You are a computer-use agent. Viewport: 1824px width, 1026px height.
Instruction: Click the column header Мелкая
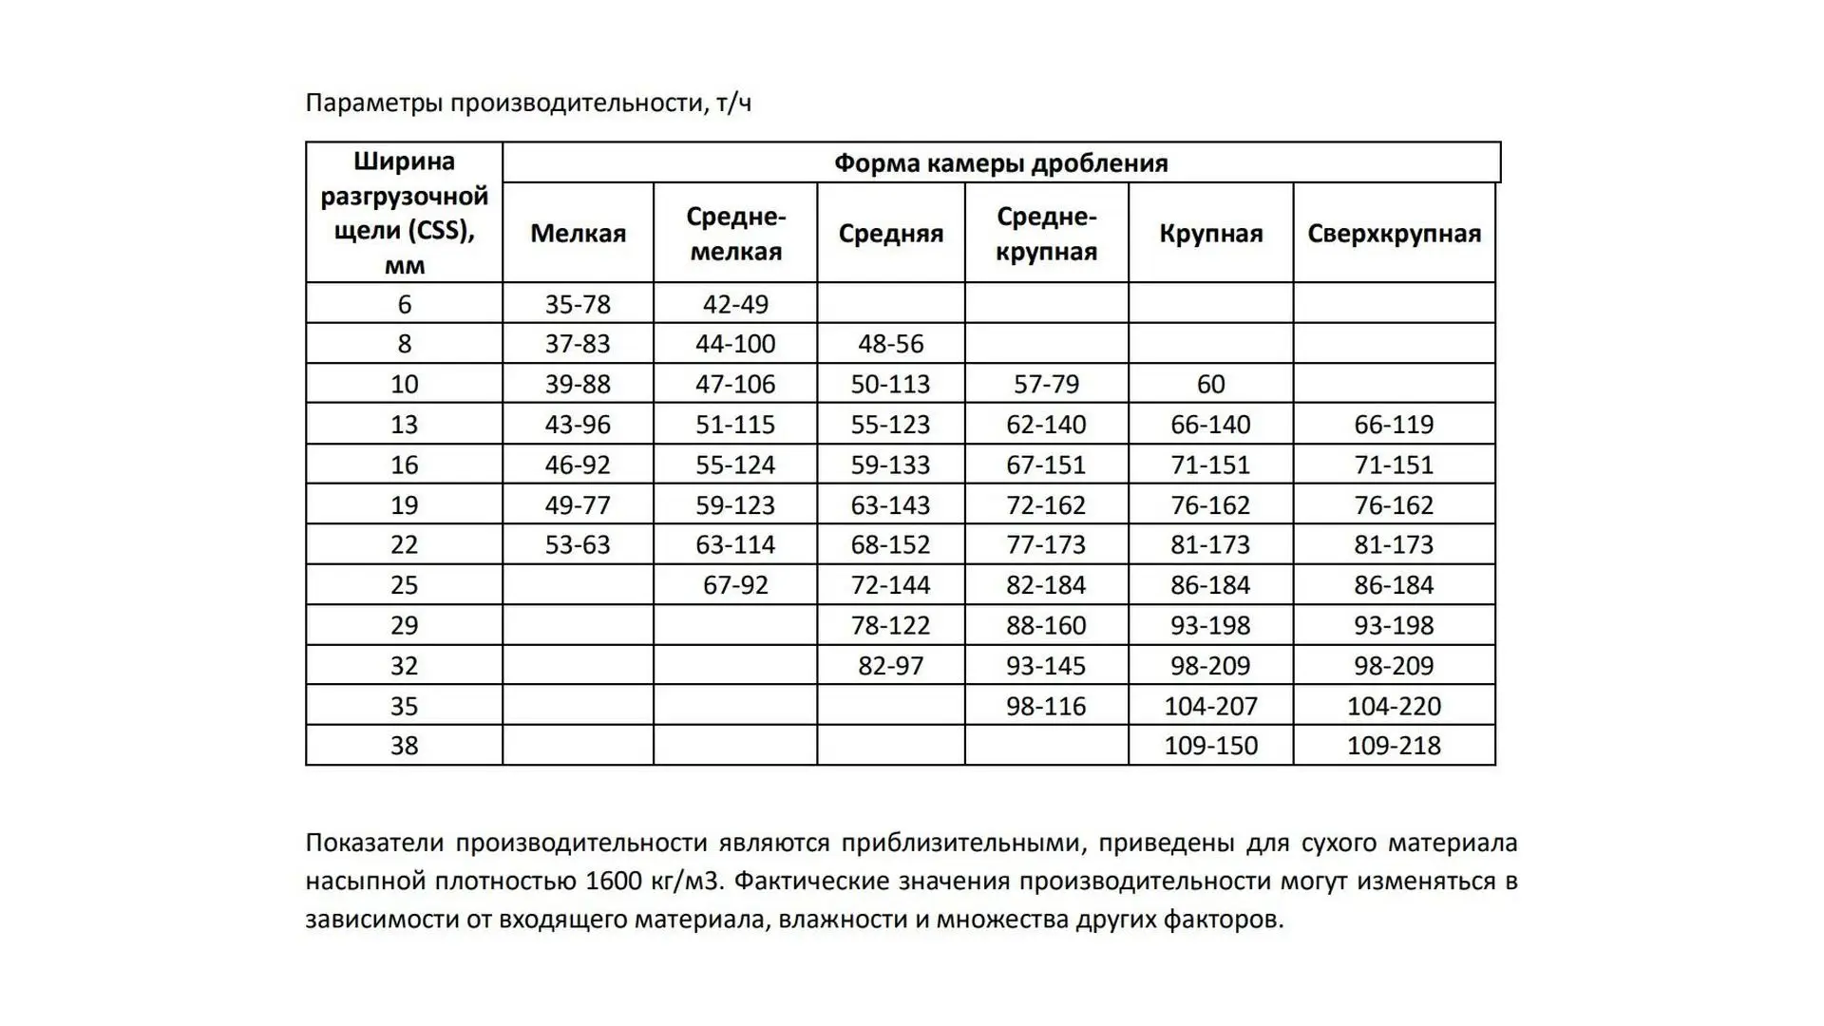(x=578, y=234)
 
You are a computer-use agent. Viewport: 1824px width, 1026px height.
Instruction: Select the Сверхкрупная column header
(x=1394, y=234)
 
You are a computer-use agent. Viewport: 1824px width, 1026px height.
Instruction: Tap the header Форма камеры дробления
(x=1000, y=163)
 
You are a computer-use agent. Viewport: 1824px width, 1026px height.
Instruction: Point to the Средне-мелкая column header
(x=735, y=234)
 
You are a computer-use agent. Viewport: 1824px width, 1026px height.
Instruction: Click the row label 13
(x=404, y=425)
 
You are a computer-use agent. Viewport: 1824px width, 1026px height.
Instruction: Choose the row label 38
(x=404, y=746)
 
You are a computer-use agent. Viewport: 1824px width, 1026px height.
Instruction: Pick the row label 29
(x=404, y=625)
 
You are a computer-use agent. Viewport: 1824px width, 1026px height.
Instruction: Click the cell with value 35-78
(x=578, y=304)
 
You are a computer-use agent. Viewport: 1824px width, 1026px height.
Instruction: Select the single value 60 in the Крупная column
(x=1210, y=384)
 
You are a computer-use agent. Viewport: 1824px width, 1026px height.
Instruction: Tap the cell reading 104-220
(x=1394, y=706)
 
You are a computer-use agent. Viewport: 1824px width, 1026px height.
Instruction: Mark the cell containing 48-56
(x=890, y=344)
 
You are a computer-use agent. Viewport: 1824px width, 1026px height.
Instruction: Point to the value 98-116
(x=1046, y=706)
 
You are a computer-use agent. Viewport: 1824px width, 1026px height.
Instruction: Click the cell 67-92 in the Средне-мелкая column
(x=735, y=585)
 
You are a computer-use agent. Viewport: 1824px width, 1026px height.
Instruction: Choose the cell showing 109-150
(x=1210, y=746)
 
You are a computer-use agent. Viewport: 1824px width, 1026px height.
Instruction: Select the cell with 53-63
(x=578, y=545)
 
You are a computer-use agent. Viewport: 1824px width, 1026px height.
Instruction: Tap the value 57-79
(x=1046, y=384)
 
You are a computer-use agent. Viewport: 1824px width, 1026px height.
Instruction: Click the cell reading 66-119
(x=1394, y=425)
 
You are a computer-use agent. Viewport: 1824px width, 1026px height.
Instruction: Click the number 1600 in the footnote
(x=614, y=882)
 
